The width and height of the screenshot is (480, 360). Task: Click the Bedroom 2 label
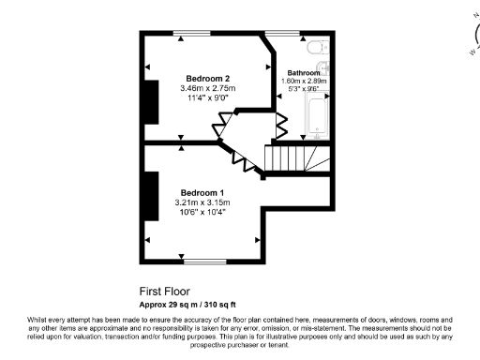207,77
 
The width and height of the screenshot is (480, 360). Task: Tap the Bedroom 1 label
202,190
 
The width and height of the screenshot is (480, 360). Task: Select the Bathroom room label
304,72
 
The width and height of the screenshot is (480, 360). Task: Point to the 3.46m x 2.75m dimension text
208,88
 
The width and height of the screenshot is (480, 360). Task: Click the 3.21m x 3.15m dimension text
202,202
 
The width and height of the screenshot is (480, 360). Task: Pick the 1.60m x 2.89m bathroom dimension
304,81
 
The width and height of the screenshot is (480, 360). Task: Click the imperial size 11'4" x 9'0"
207,98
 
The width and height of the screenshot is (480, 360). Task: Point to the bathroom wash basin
324,67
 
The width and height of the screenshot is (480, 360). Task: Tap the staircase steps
298,159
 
